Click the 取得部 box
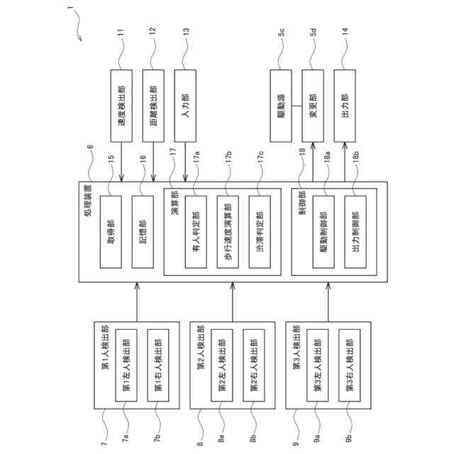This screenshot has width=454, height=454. point(111,231)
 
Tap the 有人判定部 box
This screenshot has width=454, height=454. point(196,231)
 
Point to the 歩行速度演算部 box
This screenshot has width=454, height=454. point(228,231)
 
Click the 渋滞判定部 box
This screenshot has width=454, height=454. point(260,231)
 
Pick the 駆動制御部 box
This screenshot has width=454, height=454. point(323,231)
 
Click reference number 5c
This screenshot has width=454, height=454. point(281,33)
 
